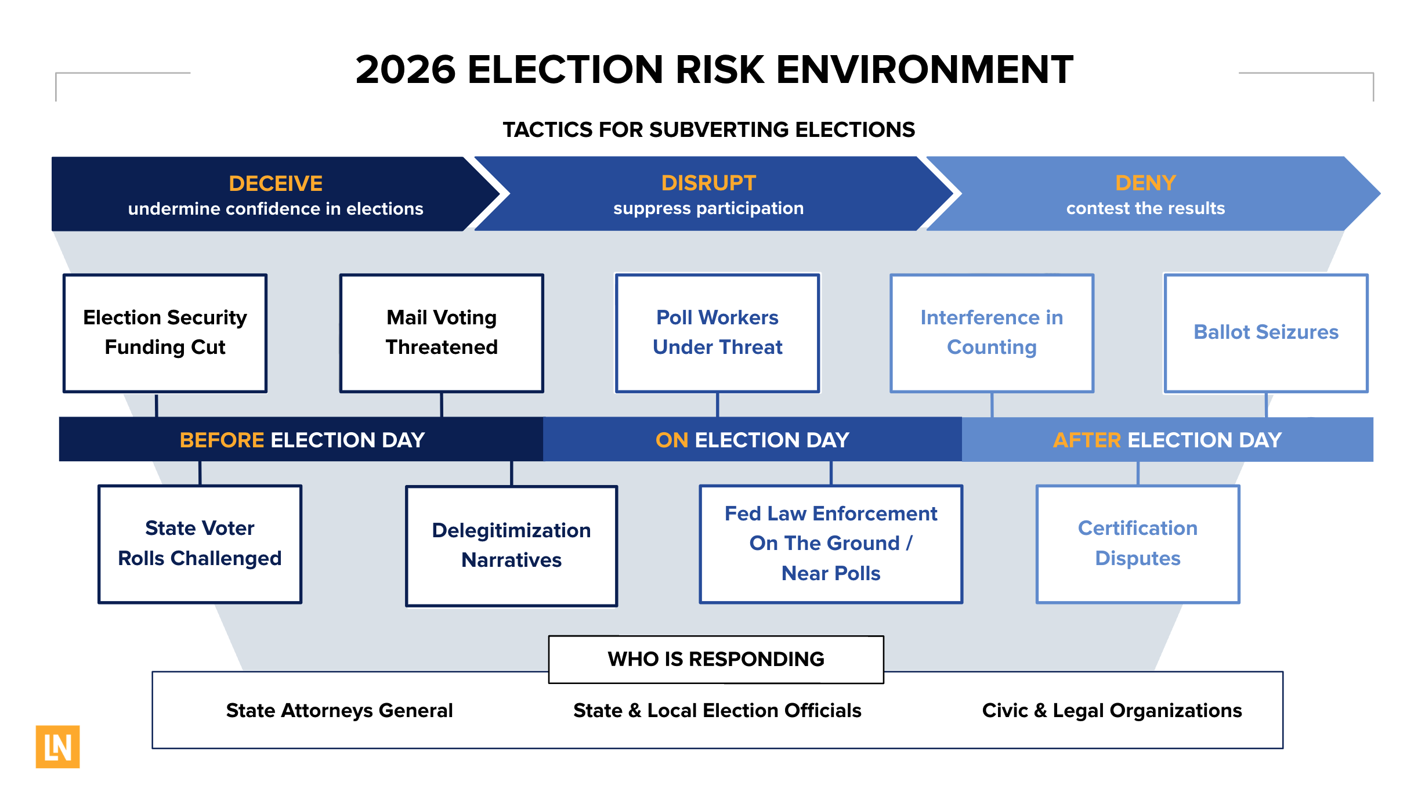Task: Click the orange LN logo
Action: (57, 747)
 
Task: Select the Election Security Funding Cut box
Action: (165, 333)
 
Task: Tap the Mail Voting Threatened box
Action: (442, 333)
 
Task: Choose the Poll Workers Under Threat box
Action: (717, 333)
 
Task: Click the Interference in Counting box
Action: (992, 333)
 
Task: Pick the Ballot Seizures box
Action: (1265, 333)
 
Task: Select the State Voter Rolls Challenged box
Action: (200, 544)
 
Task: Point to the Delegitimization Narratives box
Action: (511, 545)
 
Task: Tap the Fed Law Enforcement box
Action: (831, 544)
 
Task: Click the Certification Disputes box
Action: (1137, 544)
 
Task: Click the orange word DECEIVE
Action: (276, 183)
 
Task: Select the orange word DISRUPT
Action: (708, 183)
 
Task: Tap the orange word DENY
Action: (1145, 183)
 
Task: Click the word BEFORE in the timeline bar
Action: (222, 440)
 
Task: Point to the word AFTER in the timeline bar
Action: (1086, 440)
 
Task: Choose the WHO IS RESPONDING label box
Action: (715, 659)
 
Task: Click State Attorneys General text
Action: (339, 710)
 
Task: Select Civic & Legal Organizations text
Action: (1112, 710)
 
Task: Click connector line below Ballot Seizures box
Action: (1266, 405)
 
